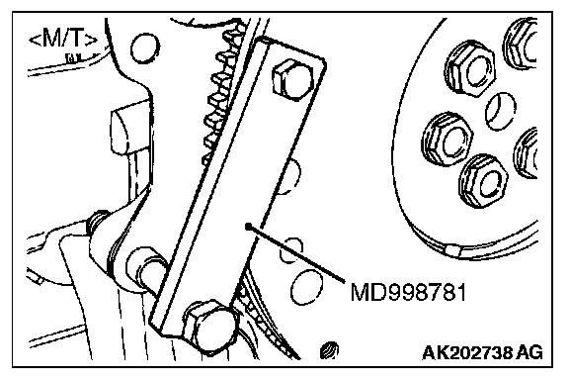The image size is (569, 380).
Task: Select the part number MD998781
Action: click(x=408, y=292)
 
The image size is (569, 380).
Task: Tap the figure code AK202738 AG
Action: click(x=483, y=352)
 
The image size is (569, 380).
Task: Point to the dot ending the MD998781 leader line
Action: click(x=248, y=227)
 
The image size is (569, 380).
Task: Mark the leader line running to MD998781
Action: click(x=295, y=254)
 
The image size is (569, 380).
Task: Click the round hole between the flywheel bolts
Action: click(x=501, y=112)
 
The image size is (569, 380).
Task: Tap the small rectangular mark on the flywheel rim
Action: click(x=452, y=250)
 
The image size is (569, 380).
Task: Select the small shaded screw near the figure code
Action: click(x=329, y=351)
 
